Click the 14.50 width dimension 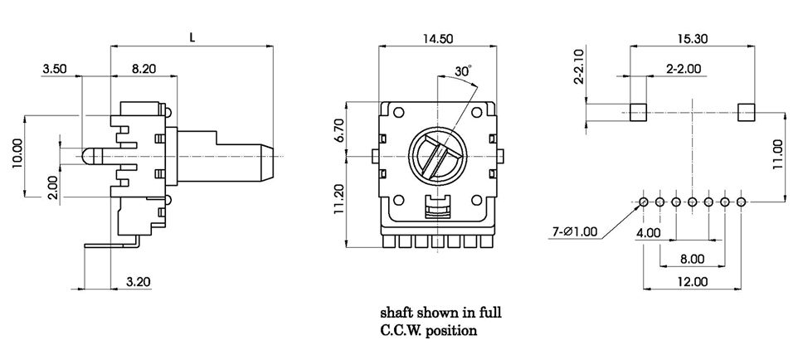click(x=439, y=38)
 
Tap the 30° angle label click(x=463, y=71)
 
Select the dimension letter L click(x=192, y=37)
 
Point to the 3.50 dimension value click(x=55, y=70)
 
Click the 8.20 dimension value click(x=144, y=70)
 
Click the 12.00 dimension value click(x=692, y=281)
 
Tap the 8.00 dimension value click(x=692, y=259)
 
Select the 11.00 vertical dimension click(x=777, y=155)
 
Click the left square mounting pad click(x=638, y=112)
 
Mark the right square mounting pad click(x=746, y=112)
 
